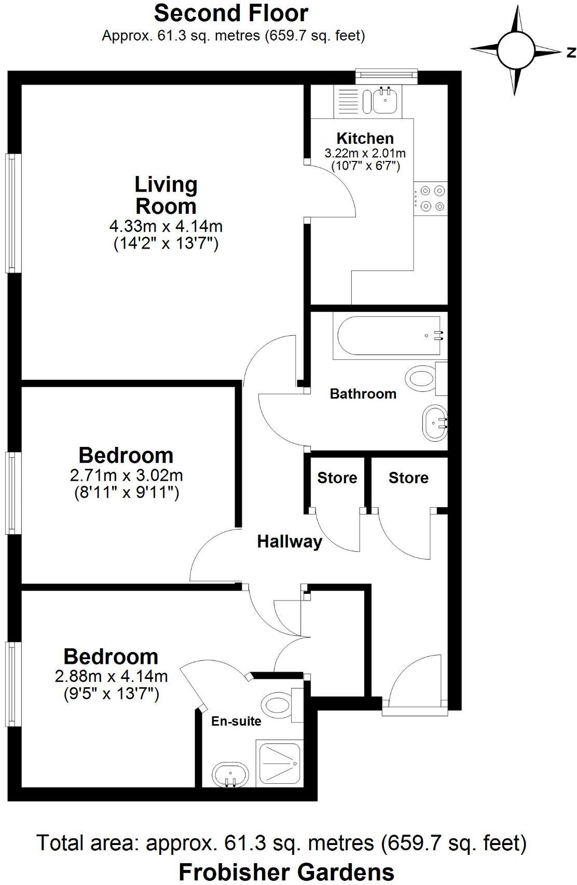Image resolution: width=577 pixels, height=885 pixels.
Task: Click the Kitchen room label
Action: point(365,138)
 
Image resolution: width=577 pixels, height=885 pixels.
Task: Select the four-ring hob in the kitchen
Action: point(431,198)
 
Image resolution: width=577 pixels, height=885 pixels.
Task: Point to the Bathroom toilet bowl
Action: point(420,378)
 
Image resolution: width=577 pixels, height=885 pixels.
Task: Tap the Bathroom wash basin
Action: point(435,423)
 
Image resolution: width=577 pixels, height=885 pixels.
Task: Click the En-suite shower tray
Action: point(280,763)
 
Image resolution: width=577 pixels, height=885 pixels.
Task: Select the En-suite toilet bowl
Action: point(276,704)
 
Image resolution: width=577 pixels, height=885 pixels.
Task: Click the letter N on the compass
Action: point(571,52)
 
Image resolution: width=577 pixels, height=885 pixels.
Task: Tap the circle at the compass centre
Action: point(515,50)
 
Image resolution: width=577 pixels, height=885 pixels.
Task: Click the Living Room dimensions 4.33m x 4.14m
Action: point(166,226)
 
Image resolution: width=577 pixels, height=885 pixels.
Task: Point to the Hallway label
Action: point(290,541)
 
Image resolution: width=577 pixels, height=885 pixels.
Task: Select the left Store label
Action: point(337,478)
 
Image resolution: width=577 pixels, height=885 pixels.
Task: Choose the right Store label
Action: point(408,478)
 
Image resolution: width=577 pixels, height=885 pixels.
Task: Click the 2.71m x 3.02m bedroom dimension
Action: point(127,475)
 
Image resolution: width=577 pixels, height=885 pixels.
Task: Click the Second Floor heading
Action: point(231,13)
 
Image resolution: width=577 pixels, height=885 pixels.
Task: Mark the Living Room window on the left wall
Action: point(13,213)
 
